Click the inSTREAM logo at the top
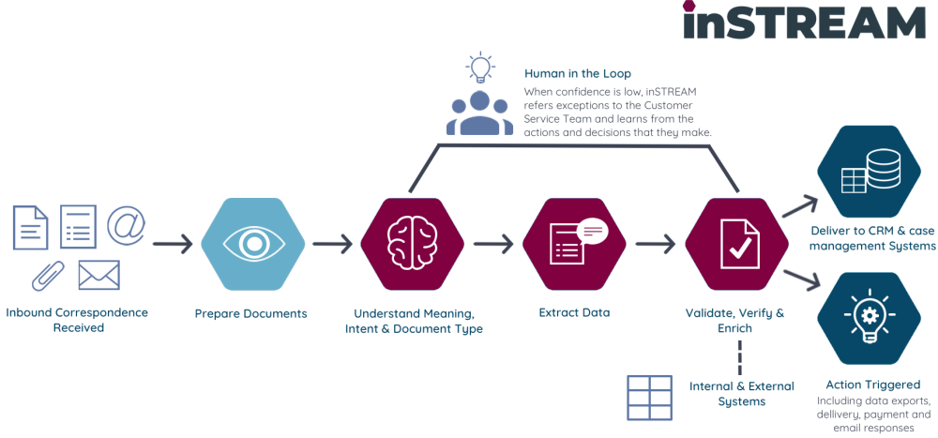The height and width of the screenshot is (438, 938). (803, 21)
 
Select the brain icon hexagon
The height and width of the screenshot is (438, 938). (413, 244)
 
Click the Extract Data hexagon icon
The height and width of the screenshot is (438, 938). (574, 244)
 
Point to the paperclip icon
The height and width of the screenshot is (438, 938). (47, 274)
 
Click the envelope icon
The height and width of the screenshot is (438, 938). (98, 274)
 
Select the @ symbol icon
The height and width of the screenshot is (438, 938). (126, 225)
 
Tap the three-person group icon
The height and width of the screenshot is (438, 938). (479, 113)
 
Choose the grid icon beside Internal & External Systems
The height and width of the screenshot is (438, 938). (649, 397)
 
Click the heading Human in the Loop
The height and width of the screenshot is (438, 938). (577, 73)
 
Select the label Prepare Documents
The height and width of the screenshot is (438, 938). (250, 313)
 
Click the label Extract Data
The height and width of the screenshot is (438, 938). (574, 312)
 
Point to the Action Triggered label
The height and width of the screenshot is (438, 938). (872, 385)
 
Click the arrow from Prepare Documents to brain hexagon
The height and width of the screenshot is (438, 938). (333, 245)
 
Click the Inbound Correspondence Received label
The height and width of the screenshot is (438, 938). (77, 320)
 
